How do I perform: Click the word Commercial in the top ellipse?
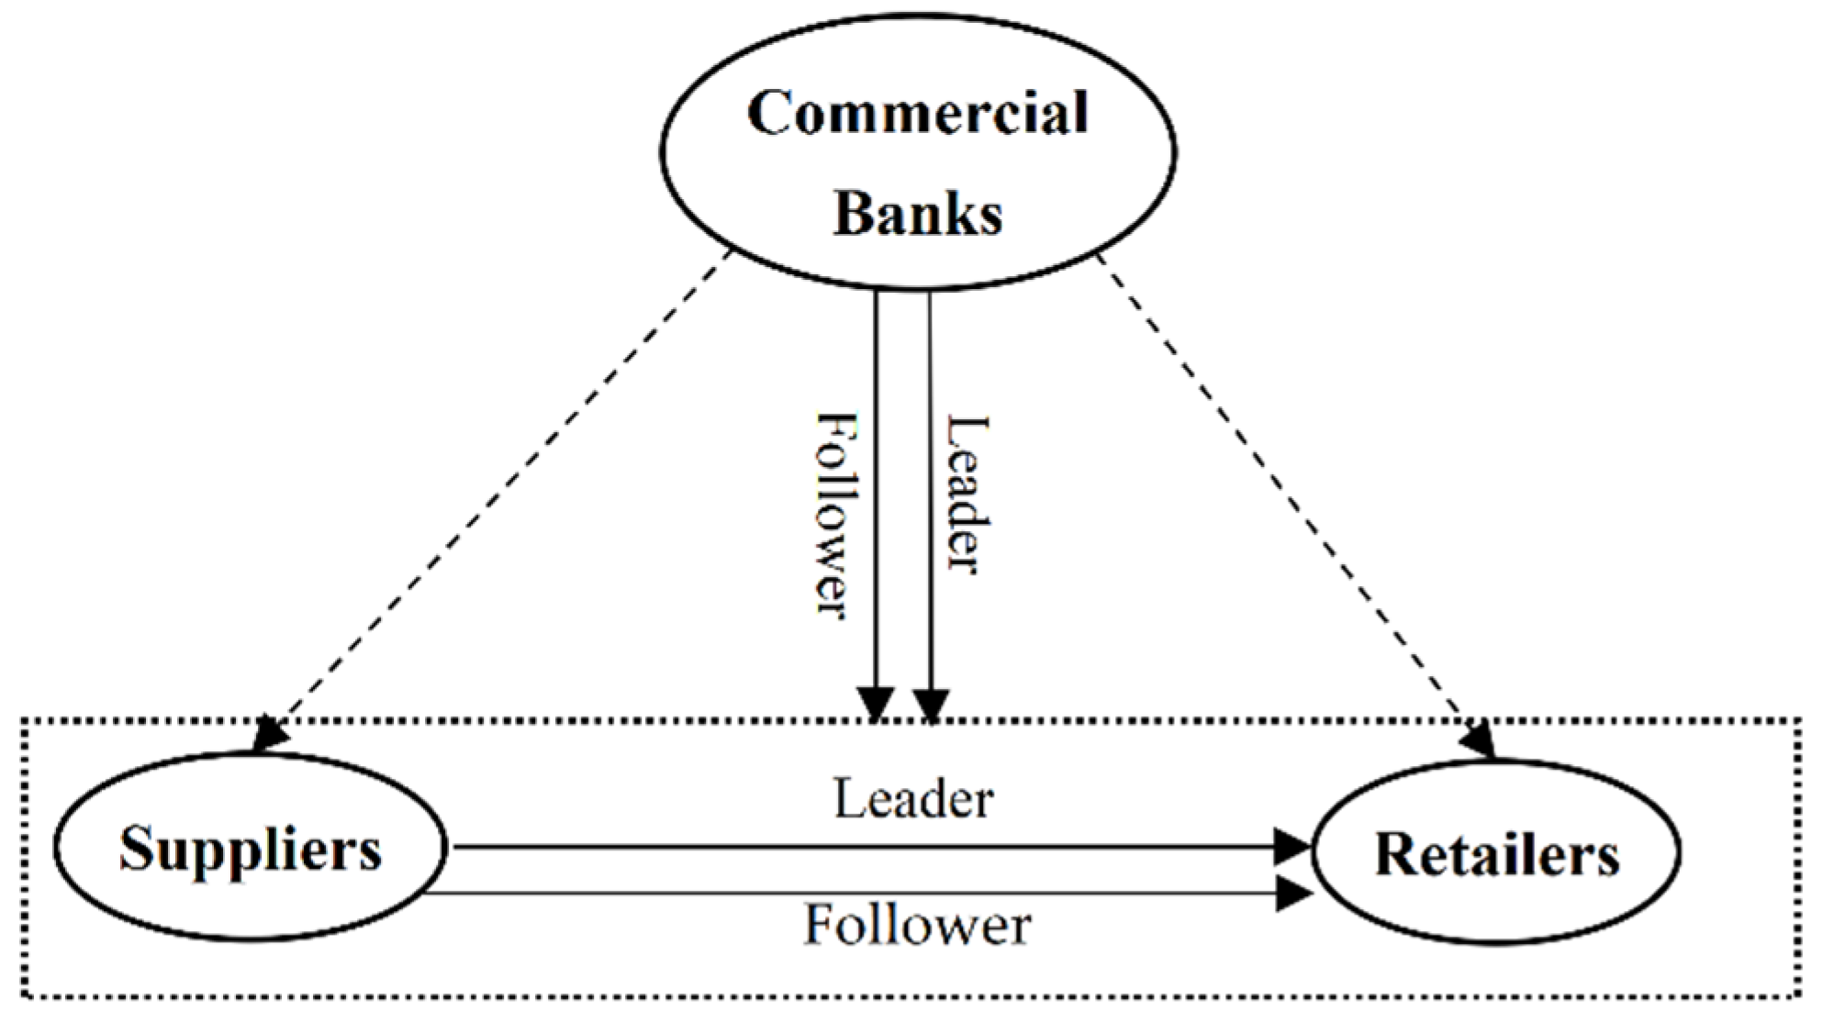click(917, 114)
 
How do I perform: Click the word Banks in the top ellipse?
click(917, 214)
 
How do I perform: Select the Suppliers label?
click(250, 850)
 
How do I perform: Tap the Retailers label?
click(1496, 854)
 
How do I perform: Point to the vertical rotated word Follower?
click(837, 516)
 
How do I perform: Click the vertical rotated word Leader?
click(967, 495)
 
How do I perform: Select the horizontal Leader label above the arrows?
click(913, 799)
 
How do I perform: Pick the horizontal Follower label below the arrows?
click(917, 925)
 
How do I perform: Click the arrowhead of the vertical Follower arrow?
click(876, 705)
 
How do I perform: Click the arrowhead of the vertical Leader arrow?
click(931, 705)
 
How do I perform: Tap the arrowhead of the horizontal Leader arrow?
click(1292, 846)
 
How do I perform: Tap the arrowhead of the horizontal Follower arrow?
click(1292, 893)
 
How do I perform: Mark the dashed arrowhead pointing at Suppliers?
click(268, 734)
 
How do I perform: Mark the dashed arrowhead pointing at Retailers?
click(1478, 739)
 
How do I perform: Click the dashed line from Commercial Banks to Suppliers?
click(496, 495)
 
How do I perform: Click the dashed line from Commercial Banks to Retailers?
click(1285, 495)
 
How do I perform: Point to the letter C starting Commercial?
click(769, 114)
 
